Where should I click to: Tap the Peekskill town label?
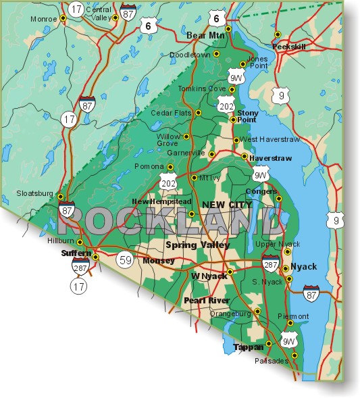[289, 47]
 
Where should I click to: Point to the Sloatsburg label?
[34, 194]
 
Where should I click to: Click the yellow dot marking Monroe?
[63, 19]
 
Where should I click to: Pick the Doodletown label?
[190, 54]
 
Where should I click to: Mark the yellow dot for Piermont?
[290, 324]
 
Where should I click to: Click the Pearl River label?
[207, 300]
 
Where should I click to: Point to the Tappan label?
[248, 347]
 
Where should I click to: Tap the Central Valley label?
[99, 14]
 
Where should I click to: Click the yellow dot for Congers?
[278, 198]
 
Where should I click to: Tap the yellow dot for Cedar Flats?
[198, 113]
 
